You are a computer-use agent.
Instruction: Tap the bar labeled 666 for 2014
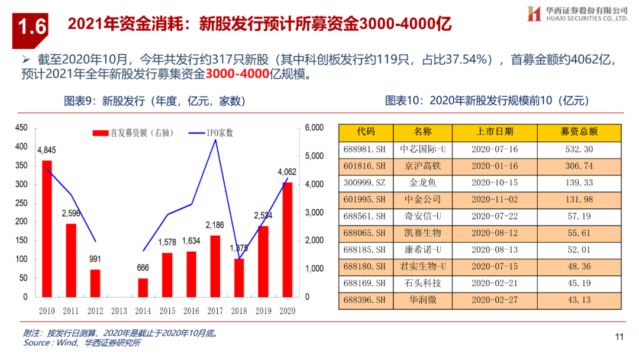click(x=143, y=287)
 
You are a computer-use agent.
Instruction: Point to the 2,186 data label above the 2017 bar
click(x=215, y=225)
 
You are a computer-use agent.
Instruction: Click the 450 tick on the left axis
click(x=21, y=128)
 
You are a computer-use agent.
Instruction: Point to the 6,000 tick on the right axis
click(x=314, y=128)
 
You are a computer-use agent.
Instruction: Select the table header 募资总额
click(x=579, y=131)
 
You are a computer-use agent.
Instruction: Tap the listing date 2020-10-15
click(x=494, y=182)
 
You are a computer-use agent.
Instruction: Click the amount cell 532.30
click(x=579, y=149)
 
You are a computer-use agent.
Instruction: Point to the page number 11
click(x=619, y=337)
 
